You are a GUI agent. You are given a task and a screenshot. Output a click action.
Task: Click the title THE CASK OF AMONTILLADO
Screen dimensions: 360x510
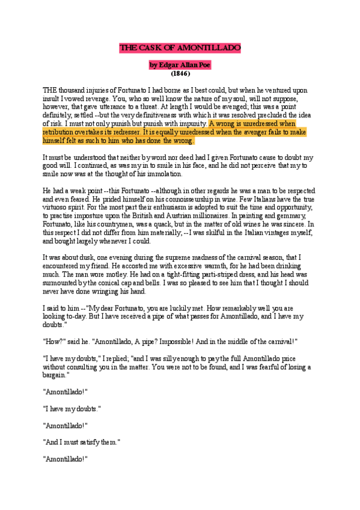(x=180, y=48)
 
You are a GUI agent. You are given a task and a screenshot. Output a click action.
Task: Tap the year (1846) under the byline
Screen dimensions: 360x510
(x=180, y=73)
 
